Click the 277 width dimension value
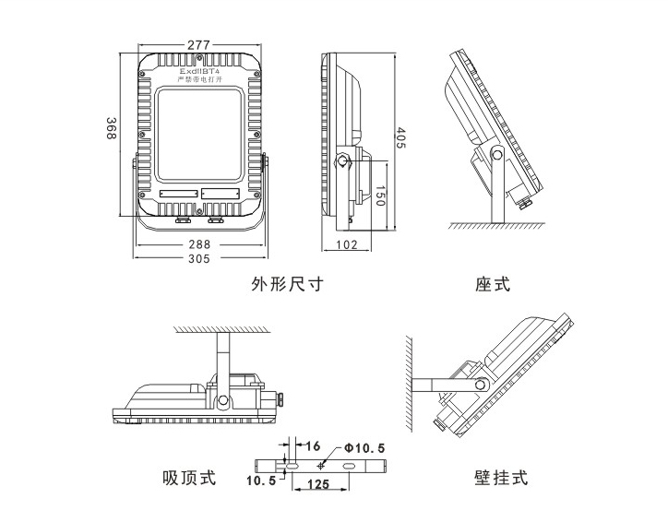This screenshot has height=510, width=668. coord(199,44)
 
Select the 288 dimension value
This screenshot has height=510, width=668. coord(199,245)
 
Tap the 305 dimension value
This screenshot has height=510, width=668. coord(199,259)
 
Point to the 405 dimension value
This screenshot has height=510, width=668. coord(401,137)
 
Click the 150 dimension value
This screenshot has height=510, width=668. coord(379,196)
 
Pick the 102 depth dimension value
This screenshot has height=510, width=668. coord(347,245)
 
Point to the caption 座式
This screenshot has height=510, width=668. coord(493,285)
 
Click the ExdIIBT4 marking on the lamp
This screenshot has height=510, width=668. coord(199,70)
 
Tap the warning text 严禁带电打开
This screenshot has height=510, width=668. coord(199,80)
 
